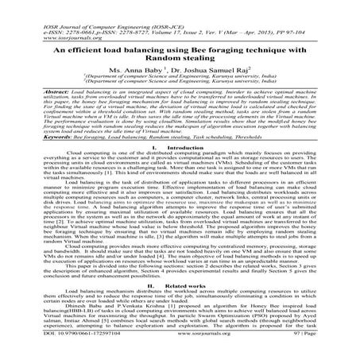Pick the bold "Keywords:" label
pyautogui.click(x=25, y=159)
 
